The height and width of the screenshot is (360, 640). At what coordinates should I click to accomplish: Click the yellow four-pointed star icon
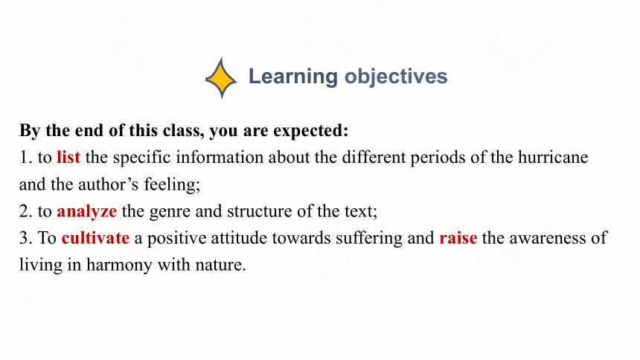[221, 78]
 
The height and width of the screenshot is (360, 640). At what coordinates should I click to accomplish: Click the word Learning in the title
[293, 77]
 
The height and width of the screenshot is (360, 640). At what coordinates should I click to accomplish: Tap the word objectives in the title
[396, 77]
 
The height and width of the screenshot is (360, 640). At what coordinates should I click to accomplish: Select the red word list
[68, 157]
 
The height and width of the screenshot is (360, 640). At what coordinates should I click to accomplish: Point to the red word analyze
[86, 212]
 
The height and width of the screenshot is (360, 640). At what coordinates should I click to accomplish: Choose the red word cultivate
[95, 238]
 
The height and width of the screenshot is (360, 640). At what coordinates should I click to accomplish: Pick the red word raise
[458, 238]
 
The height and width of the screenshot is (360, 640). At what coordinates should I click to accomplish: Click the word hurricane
[553, 157]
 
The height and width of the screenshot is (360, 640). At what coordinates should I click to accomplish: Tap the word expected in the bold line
[310, 131]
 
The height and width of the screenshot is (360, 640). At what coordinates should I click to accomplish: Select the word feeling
[172, 184]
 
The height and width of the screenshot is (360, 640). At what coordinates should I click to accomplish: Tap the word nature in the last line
[220, 266]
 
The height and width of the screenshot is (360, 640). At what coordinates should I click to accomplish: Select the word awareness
[548, 238]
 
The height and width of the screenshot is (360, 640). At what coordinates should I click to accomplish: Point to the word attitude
[239, 238]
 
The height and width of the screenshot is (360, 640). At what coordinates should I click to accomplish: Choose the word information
[220, 157]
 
